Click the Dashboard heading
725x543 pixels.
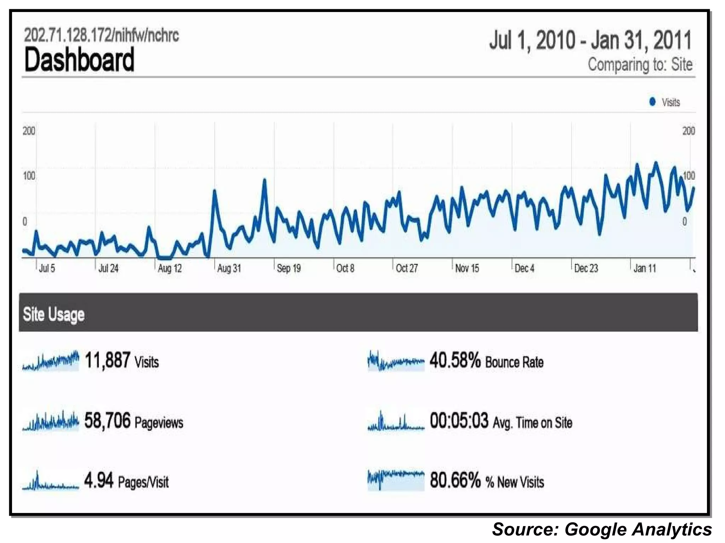click(x=79, y=60)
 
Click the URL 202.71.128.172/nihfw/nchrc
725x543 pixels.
click(x=101, y=35)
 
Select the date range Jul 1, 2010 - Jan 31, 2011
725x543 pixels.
click(x=590, y=40)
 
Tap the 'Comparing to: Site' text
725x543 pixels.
click(x=640, y=65)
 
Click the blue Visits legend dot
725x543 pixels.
click(x=652, y=102)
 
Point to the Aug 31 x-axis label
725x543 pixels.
click(x=229, y=268)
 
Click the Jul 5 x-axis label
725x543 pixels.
click(x=47, y=268)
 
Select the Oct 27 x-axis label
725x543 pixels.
click(x=407, y=268)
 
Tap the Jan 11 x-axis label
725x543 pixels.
click(x=645, y=268)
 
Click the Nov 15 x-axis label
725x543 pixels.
click(x=467, y=268)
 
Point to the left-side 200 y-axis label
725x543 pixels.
click(x=29, y=131)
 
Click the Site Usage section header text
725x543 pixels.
click(x=54, y=314)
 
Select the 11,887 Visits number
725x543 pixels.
click(x=108, y=360)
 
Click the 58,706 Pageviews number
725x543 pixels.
click(x=108, y=421)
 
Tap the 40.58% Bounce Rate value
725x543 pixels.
click(x=455, y=361)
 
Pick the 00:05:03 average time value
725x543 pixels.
click(x=459, y=421)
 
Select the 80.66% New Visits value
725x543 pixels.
click(x=455, y=480)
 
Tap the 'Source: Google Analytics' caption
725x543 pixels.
click(x=601, y=530)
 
